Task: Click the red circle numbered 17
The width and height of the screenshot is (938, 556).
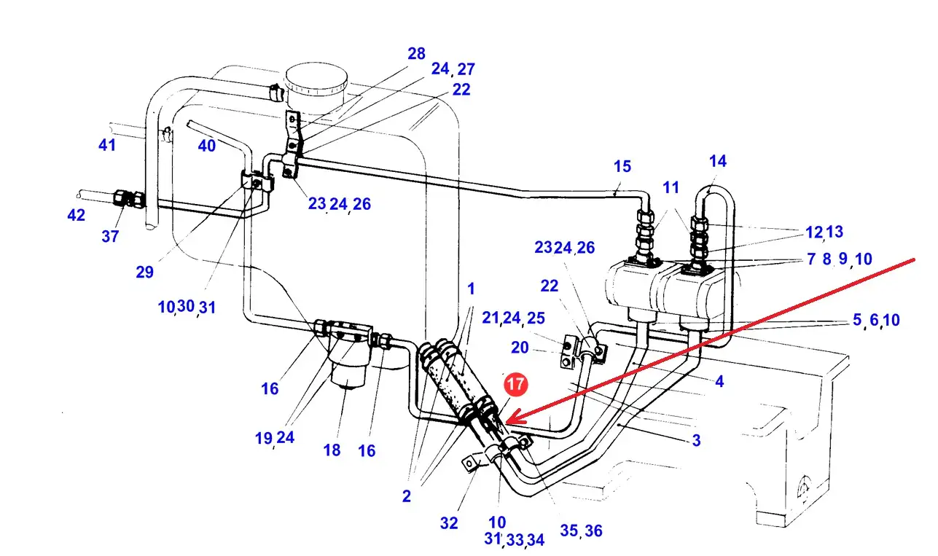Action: point(515,385)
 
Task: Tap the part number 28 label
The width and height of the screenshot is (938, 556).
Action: point(416,53)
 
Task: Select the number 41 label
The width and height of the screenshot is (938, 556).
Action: point(107,145)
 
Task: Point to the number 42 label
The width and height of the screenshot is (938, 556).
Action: point(76,215)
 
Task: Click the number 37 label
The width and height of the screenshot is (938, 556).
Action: point(110,237)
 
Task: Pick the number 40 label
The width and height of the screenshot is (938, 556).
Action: point(207,146)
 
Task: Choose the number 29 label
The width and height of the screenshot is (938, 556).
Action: point(144,272)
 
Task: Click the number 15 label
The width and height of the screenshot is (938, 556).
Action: point(622,166)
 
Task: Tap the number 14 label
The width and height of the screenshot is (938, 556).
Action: point(717,161)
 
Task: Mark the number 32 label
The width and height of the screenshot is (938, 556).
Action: point(449,522)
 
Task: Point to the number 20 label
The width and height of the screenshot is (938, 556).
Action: point(520,348)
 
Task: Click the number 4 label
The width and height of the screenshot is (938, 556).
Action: point(719,380)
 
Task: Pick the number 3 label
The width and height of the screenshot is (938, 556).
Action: point(696,440)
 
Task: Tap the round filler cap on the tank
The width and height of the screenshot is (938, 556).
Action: point(315,78)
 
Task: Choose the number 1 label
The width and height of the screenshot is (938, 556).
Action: point(471,289)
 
